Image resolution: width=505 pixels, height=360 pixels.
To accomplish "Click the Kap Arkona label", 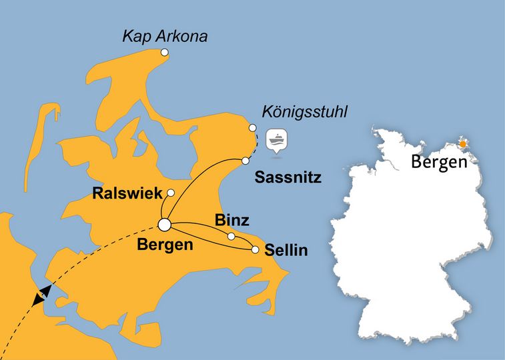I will pyautogui.click(x=164, y=36).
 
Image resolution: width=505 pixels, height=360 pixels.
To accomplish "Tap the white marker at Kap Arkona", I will pyautogui.click(x=165, y=53).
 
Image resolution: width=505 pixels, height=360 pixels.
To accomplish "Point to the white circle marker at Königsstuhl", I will pyautogui.click(x=253, y=128).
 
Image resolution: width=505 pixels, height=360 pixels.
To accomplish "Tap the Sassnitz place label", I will pyautogui.click(x=289, y=178).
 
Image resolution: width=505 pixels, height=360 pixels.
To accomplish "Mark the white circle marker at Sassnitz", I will pyautogui.click(x=245, y=161).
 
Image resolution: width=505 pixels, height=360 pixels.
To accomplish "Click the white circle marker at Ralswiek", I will pyautogui.click(x=171, y=193).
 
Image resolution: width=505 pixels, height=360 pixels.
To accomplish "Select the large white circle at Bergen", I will pyautogui.click(x=163, y=225).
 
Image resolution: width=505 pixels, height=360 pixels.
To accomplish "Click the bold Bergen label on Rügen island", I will pyautogui.click(x=165, y=245).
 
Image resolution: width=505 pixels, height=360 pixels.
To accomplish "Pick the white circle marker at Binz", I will pyautogui.click(x=231, y=237).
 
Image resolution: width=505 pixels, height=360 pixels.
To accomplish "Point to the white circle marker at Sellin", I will pyautogui.click(x=255, y=250).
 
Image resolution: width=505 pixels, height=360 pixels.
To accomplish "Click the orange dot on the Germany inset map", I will pyautogui.click(x=462, y=143).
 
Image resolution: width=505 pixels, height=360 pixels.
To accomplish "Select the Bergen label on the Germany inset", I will pyautogui.click(x=438, y=161).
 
